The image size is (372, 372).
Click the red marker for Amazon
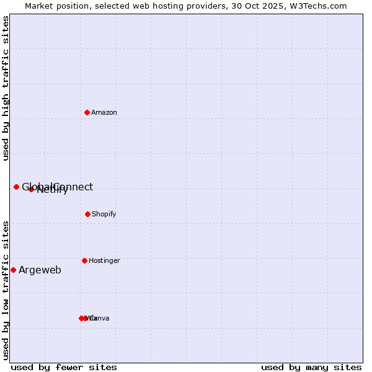(87, 112)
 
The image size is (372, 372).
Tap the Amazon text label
(104, 113)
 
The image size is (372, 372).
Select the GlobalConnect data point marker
(17, 187)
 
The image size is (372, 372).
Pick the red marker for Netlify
(31, 189)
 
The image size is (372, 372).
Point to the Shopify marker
(87, 214)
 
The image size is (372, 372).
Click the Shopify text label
(104, 215)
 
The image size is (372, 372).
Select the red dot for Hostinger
(84, 260)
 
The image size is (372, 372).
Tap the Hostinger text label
(104, 261)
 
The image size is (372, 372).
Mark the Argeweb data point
(13, 270)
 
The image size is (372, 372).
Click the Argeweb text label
(40, 270)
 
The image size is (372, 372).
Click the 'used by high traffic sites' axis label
(6, 88)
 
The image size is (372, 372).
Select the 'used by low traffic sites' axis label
(6, 290)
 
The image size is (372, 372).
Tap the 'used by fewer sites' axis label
(64, 367)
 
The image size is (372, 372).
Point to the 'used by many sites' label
(311, 367)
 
